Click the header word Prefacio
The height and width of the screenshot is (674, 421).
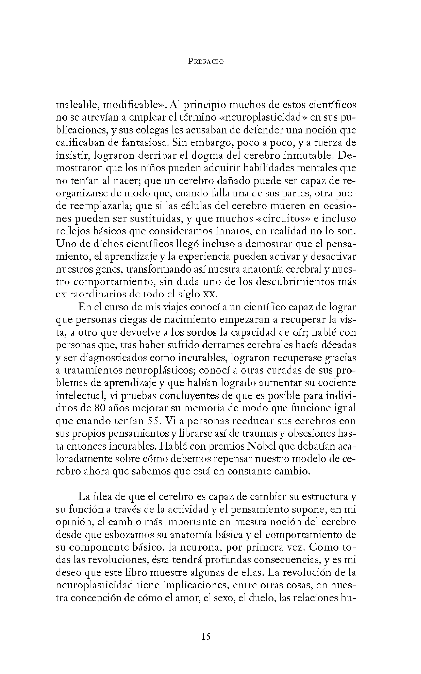coord(206,62)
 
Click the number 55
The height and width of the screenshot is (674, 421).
coord(154,421)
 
